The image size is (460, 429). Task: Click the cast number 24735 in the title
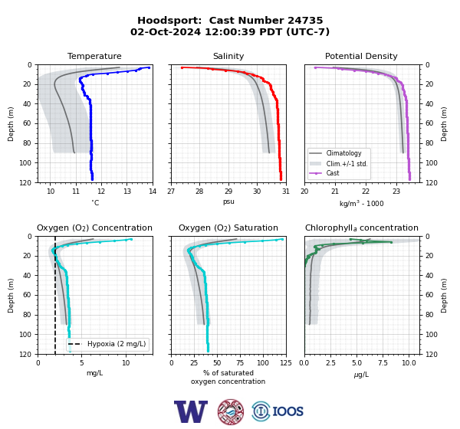point(305,21)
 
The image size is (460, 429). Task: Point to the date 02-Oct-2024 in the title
point(166,31)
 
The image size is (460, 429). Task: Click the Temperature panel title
point(94,56)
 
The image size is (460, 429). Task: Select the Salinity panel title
point(228,56)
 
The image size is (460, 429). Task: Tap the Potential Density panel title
point(361,56)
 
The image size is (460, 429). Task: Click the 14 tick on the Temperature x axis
point(153,192)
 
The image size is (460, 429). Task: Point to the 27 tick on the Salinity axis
point(171,192)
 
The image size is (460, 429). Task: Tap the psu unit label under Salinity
point(228,201)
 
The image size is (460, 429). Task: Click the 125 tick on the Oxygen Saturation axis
point(286,363)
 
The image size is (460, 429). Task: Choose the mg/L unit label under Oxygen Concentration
point(94,373)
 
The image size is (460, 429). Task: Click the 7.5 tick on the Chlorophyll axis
point(383,363)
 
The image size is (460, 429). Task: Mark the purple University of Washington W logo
point(191,411)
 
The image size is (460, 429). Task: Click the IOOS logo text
point(287,411)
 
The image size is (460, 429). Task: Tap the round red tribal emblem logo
point(231,411)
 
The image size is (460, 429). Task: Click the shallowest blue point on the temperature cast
point(149,67)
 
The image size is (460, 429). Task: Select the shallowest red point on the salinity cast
point(182,67)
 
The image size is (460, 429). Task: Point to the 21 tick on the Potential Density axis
point(335,192)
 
